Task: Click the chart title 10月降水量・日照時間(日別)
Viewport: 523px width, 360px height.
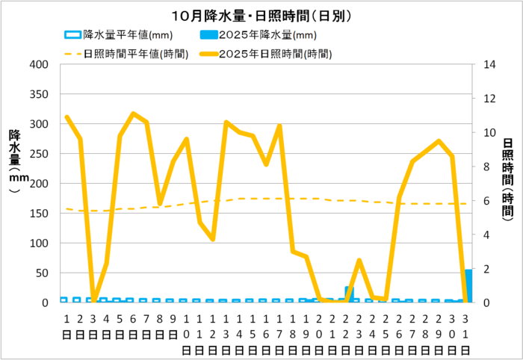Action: point(261,15)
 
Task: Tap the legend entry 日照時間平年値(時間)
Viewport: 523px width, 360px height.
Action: point(131,54)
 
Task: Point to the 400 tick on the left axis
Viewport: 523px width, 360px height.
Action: point(39,65)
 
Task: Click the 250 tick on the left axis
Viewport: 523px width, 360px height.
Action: point(39,154)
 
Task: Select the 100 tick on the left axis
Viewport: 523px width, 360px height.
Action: point(39,243)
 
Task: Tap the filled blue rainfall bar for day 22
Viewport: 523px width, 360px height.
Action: point(349,294)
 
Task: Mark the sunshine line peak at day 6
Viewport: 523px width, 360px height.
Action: point(133,114)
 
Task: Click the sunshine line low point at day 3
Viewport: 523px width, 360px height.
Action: point(93,301)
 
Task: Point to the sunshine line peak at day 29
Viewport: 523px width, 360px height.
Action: point(439,141)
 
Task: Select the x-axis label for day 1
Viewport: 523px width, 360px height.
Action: point(66,324)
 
